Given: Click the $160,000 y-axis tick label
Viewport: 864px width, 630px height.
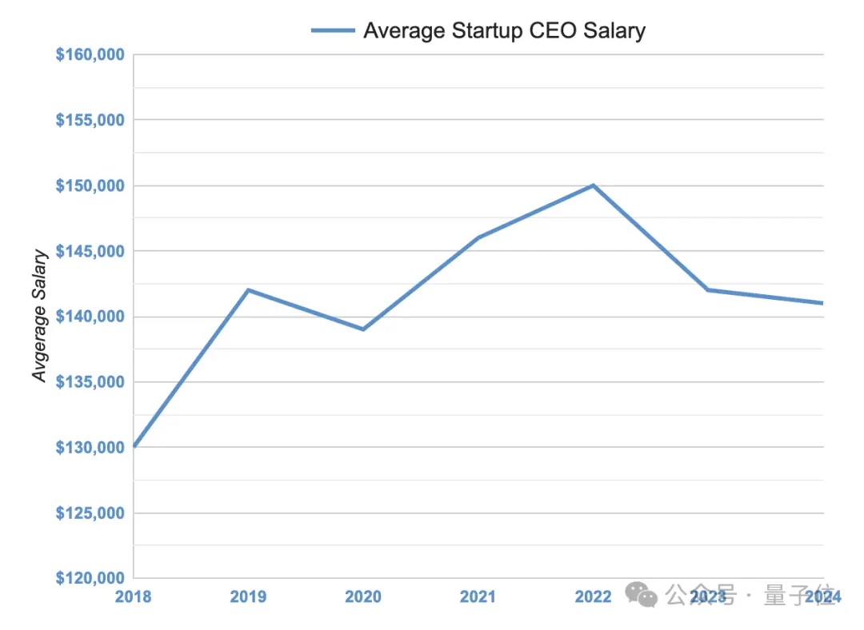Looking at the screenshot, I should point(90,54).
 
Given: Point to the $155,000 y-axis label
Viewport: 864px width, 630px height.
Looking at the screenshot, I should point(90,120).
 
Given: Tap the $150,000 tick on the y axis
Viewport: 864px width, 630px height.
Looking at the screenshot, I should point(90,185).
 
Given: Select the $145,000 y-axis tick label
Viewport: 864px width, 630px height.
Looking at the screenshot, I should point(90,251).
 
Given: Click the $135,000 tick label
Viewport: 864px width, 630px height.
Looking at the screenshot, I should point(90,382).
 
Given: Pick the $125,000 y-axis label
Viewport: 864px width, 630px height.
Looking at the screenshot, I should point(90,512).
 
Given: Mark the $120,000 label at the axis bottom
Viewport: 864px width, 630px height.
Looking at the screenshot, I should point(90,578).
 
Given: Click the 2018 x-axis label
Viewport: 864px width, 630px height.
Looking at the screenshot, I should point(133,596).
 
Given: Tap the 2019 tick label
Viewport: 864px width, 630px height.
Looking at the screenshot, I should point(248,596).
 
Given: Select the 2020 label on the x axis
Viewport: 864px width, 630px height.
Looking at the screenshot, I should point(363,596).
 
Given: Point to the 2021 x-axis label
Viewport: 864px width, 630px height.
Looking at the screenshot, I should point(478,596).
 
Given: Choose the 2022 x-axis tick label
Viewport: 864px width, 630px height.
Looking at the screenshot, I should point(593,596).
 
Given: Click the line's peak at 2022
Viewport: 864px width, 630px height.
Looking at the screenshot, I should point(593,185).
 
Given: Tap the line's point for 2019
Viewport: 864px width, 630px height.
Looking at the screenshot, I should point(248,289).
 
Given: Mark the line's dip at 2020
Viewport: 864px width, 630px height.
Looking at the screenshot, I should point(363,329).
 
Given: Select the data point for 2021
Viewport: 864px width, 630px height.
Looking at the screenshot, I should point(478,237).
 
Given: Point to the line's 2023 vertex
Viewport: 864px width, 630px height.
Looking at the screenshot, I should point(708,289).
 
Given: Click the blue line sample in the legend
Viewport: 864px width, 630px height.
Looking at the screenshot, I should point(333,30).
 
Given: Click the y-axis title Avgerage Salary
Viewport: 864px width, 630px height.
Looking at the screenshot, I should point(40,316).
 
